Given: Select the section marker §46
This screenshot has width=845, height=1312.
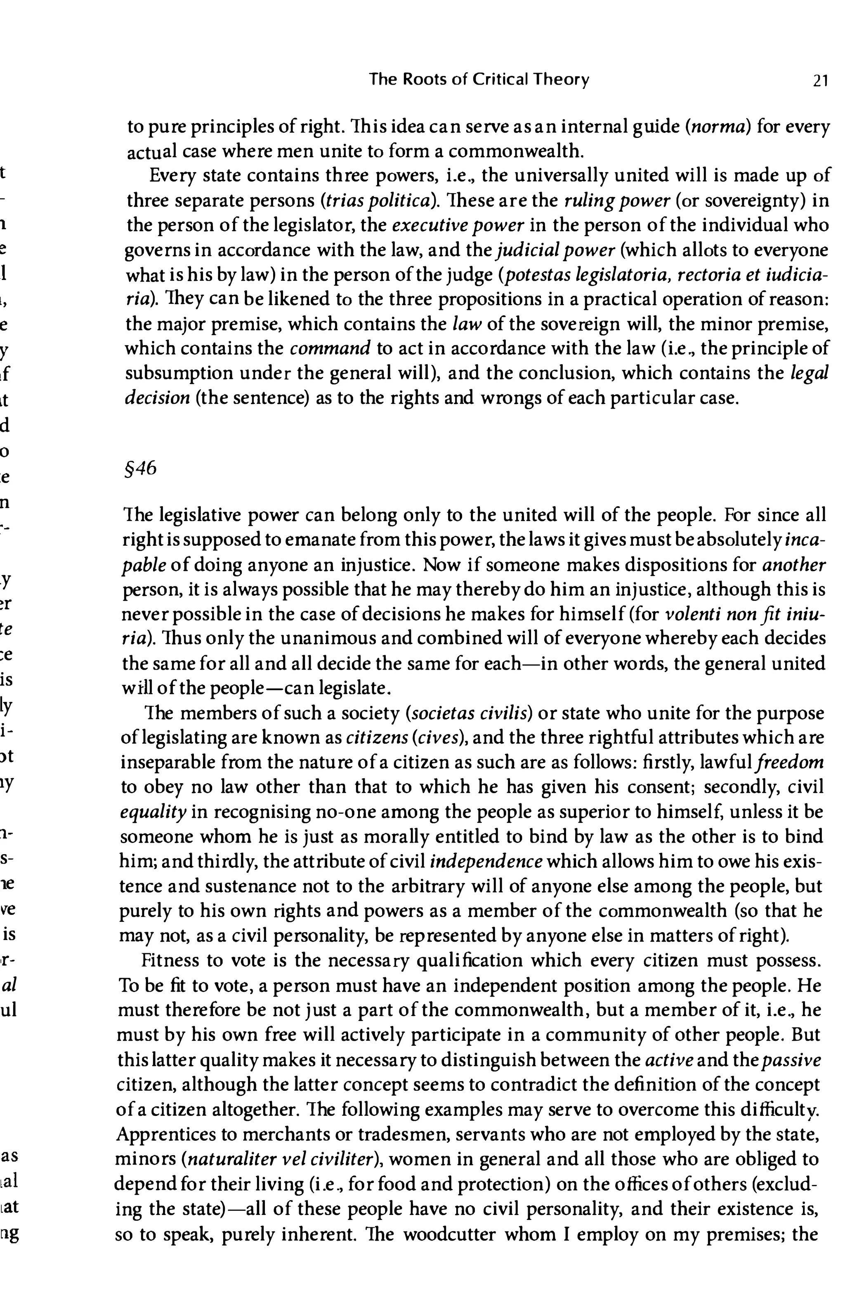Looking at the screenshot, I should coord(142,468).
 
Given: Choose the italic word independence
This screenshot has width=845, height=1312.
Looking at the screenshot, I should coord(486,861).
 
